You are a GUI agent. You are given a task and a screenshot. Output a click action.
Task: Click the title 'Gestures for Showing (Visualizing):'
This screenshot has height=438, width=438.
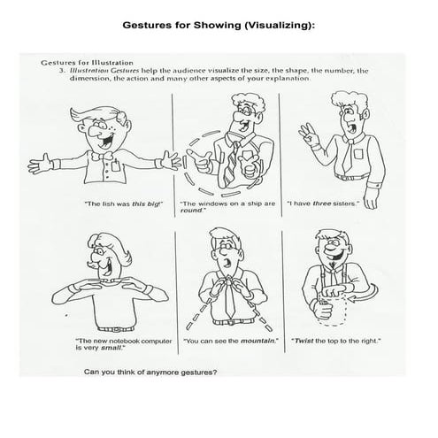pos(218,27)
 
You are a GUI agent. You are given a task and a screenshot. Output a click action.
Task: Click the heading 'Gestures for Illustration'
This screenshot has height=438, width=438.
pos(87,64)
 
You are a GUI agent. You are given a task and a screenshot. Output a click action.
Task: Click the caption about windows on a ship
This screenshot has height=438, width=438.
pos(224,207)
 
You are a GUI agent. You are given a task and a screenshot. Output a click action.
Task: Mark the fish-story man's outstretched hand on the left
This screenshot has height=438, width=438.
pos(37,165)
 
